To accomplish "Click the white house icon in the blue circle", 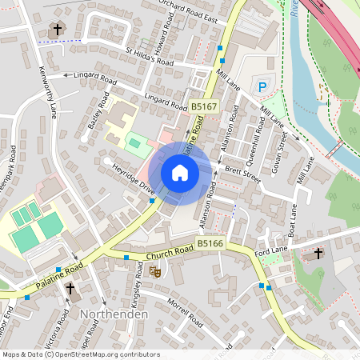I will pyautogui.click(x=179, y=173).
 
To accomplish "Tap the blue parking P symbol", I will pyautogui.click(x=261, y=86).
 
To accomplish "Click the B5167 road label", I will pyautogui.click(x=204, y=106).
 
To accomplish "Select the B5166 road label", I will pyautogui.click(x=210, y=242).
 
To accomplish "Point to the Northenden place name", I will pyautogui.click(x=114, y=314).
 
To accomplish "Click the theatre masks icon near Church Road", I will pyautogui.click(x=157, y=272).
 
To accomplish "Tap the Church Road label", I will pyautogui.click(x=169, y=253).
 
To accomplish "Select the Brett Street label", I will pyautogui.click(x=242, y=173).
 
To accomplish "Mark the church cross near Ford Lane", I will pyautogui.click(x=318, y=254).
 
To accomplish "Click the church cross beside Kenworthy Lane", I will pyautogui.click(x=57, y=30).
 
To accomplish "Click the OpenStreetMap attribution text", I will pyautogui.click(x=81, y=354).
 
